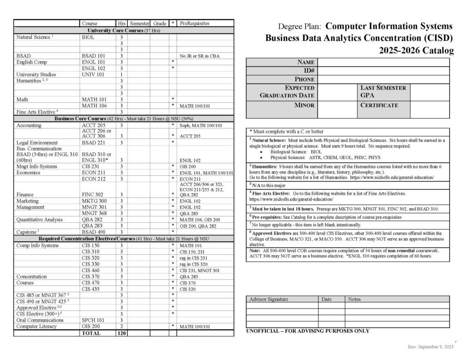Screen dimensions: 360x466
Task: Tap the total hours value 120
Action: (x=122, y=333)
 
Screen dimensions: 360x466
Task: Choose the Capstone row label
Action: (x=28, y=232)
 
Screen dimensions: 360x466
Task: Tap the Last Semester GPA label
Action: (x=383, y=91)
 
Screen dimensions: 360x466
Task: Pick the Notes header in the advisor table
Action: (x=355, y=299)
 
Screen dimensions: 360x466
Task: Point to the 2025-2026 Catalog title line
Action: (x=416, y=51)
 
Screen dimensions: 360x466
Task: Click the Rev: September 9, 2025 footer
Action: (x=431, y=347)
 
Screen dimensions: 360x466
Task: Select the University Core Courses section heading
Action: (x=124, y=30)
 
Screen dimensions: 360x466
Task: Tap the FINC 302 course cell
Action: (x=92, y=194)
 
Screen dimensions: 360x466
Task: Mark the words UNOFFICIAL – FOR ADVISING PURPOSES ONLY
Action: (x=308, y=331)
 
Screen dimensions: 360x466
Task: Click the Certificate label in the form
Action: (x=379, y=105)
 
